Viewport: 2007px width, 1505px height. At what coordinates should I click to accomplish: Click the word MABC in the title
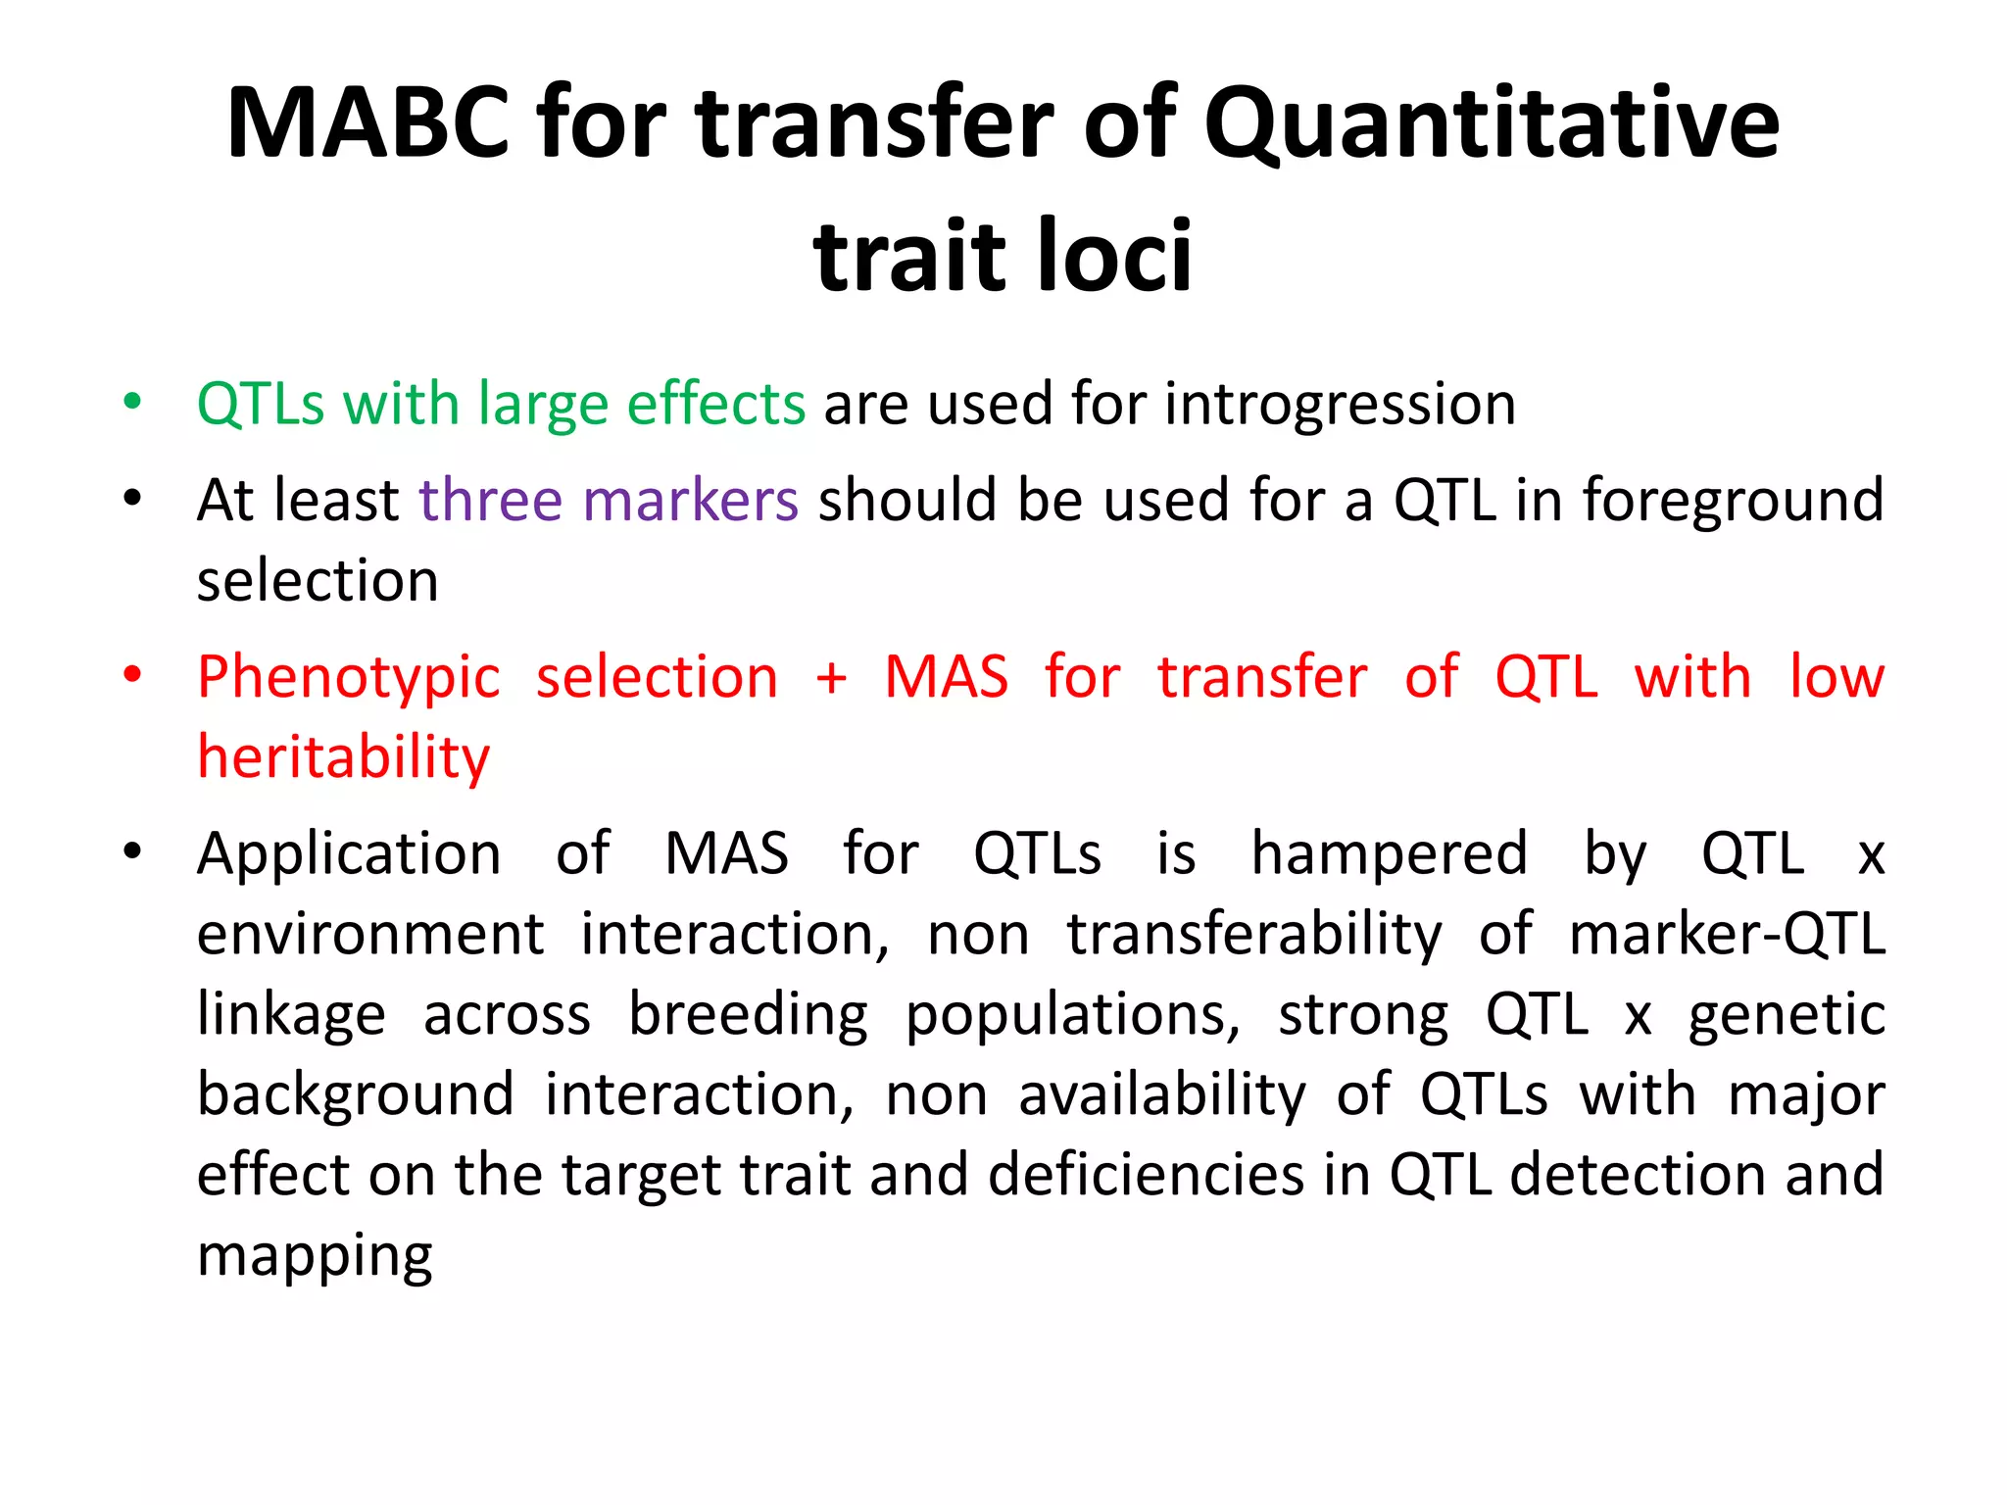[367, 123]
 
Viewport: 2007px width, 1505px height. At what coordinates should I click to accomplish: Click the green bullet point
[132, 402]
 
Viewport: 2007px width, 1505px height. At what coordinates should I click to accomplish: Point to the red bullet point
[132, 675]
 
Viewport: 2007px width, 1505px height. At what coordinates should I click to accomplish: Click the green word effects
[715, 403]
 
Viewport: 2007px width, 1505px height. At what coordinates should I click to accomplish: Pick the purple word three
[490, 500]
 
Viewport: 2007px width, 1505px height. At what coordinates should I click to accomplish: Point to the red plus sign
[831, 678]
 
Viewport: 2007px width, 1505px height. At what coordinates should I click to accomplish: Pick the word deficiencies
[1147, 1174]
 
